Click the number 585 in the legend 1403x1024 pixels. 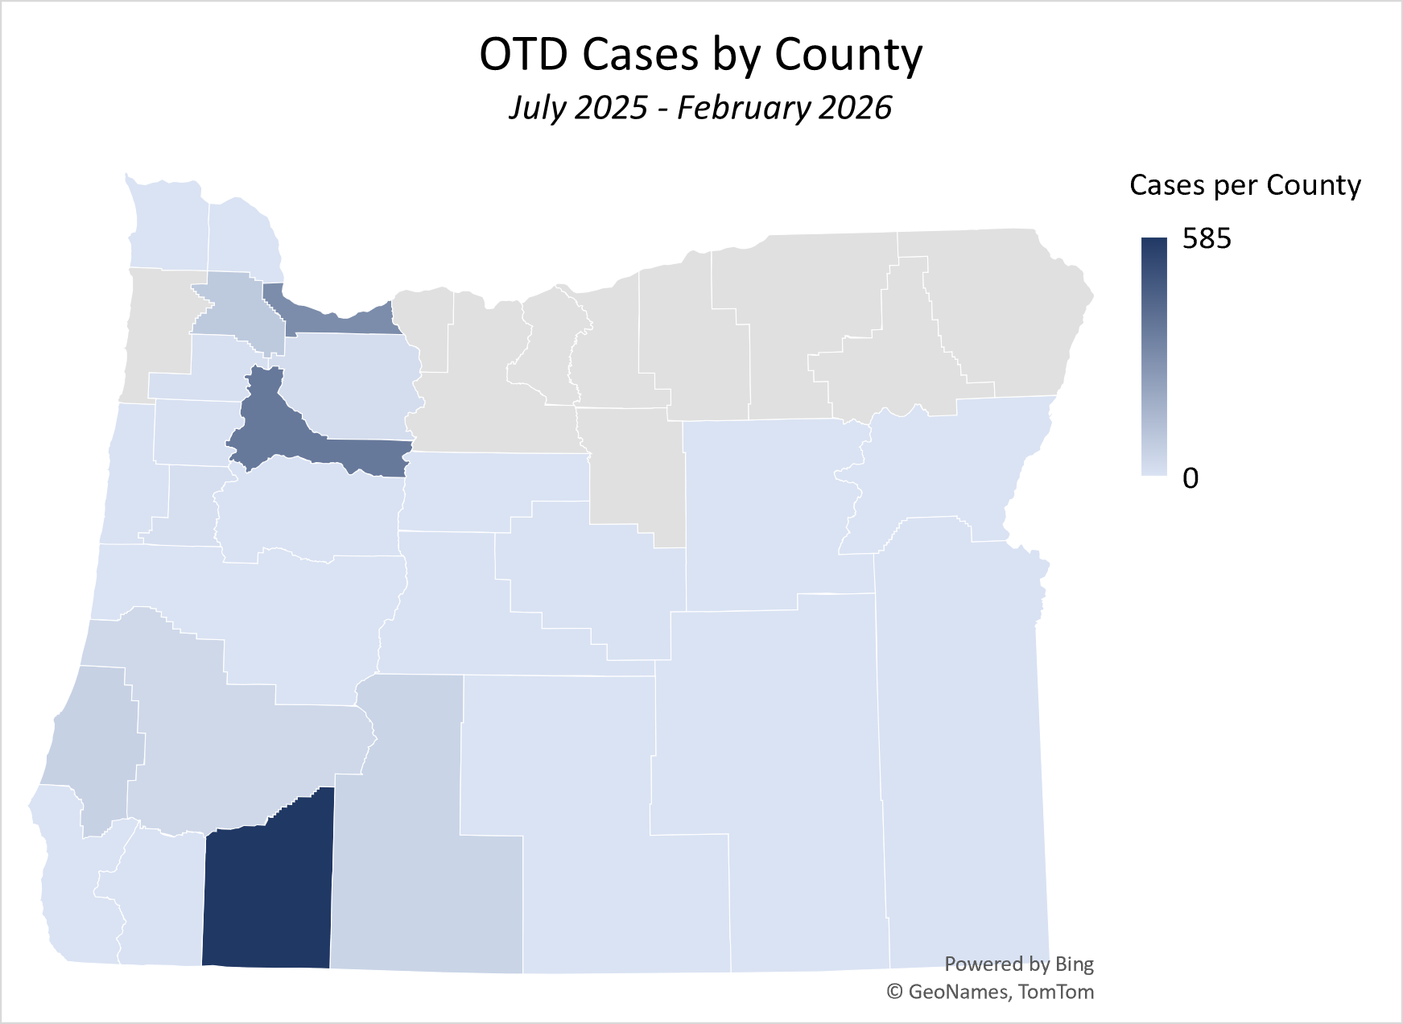coord(1207,239)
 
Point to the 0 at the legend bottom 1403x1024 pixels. coord(1190,478)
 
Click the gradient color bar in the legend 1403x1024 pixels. coord(1154,356)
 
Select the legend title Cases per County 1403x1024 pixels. coord(1244,185)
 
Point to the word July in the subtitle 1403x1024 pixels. coord(538,109)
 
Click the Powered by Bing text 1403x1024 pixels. coord(1018,964)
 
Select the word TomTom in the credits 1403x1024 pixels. coord(1056,992)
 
